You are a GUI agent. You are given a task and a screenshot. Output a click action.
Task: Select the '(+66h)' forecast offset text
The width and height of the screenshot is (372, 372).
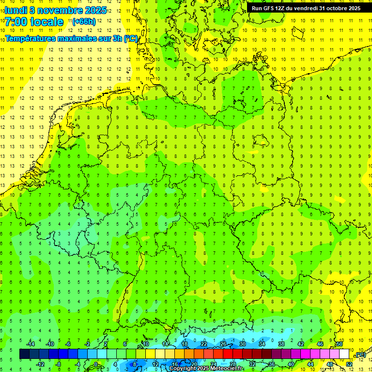click(x=84, y=22)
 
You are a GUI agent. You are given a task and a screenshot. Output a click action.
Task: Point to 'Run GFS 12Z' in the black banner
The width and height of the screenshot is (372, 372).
click(x=269, y=8)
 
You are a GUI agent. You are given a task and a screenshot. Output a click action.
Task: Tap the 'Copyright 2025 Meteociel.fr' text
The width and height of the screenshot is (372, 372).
click(x=206, y=369)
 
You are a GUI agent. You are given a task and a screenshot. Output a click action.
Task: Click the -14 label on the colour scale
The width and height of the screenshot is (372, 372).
click(x=31, y=344)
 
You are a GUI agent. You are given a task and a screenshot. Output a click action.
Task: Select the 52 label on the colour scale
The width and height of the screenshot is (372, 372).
click(x=349, y=364)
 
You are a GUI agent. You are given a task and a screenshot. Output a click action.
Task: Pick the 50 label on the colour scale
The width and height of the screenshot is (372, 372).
click(x=340, y=344)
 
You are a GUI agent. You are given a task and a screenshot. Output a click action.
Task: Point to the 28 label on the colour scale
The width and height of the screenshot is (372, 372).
click(x=233, y=364)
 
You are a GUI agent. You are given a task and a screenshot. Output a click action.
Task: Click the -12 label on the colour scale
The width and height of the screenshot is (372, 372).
click(x=40, y=364)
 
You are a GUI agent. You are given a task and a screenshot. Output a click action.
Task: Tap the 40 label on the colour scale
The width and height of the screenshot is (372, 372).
click(x=291, y=364)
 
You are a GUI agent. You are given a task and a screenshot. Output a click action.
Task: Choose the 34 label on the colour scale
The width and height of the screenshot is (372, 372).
click(x=262, y=344)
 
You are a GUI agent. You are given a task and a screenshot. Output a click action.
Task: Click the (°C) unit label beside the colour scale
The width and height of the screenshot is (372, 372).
click(x=360, y=355)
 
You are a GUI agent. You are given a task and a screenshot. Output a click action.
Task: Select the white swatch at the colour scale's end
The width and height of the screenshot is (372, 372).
click(x=344, y=354)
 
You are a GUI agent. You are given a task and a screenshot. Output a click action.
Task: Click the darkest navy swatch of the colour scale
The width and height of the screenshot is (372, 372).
click(x=24, y=354)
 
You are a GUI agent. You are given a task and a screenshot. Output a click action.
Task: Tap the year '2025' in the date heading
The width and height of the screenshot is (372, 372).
click(x=94, y=10)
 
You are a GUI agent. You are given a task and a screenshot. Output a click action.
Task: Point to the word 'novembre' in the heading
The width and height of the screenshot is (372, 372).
click(x=59, y=10)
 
